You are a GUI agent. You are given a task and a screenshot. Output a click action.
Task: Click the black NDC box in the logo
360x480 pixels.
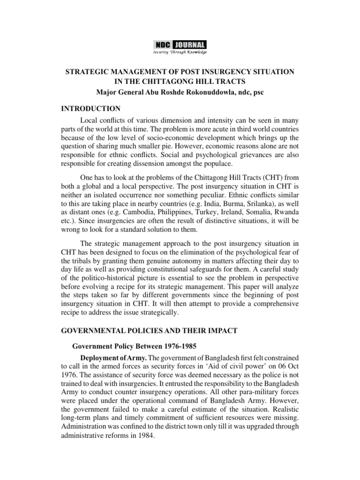[163, 45]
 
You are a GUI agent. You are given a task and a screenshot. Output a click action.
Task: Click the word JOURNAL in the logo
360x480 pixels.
[189, 45]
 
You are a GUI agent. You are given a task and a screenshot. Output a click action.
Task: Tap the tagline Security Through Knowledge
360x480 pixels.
[180, 52]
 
